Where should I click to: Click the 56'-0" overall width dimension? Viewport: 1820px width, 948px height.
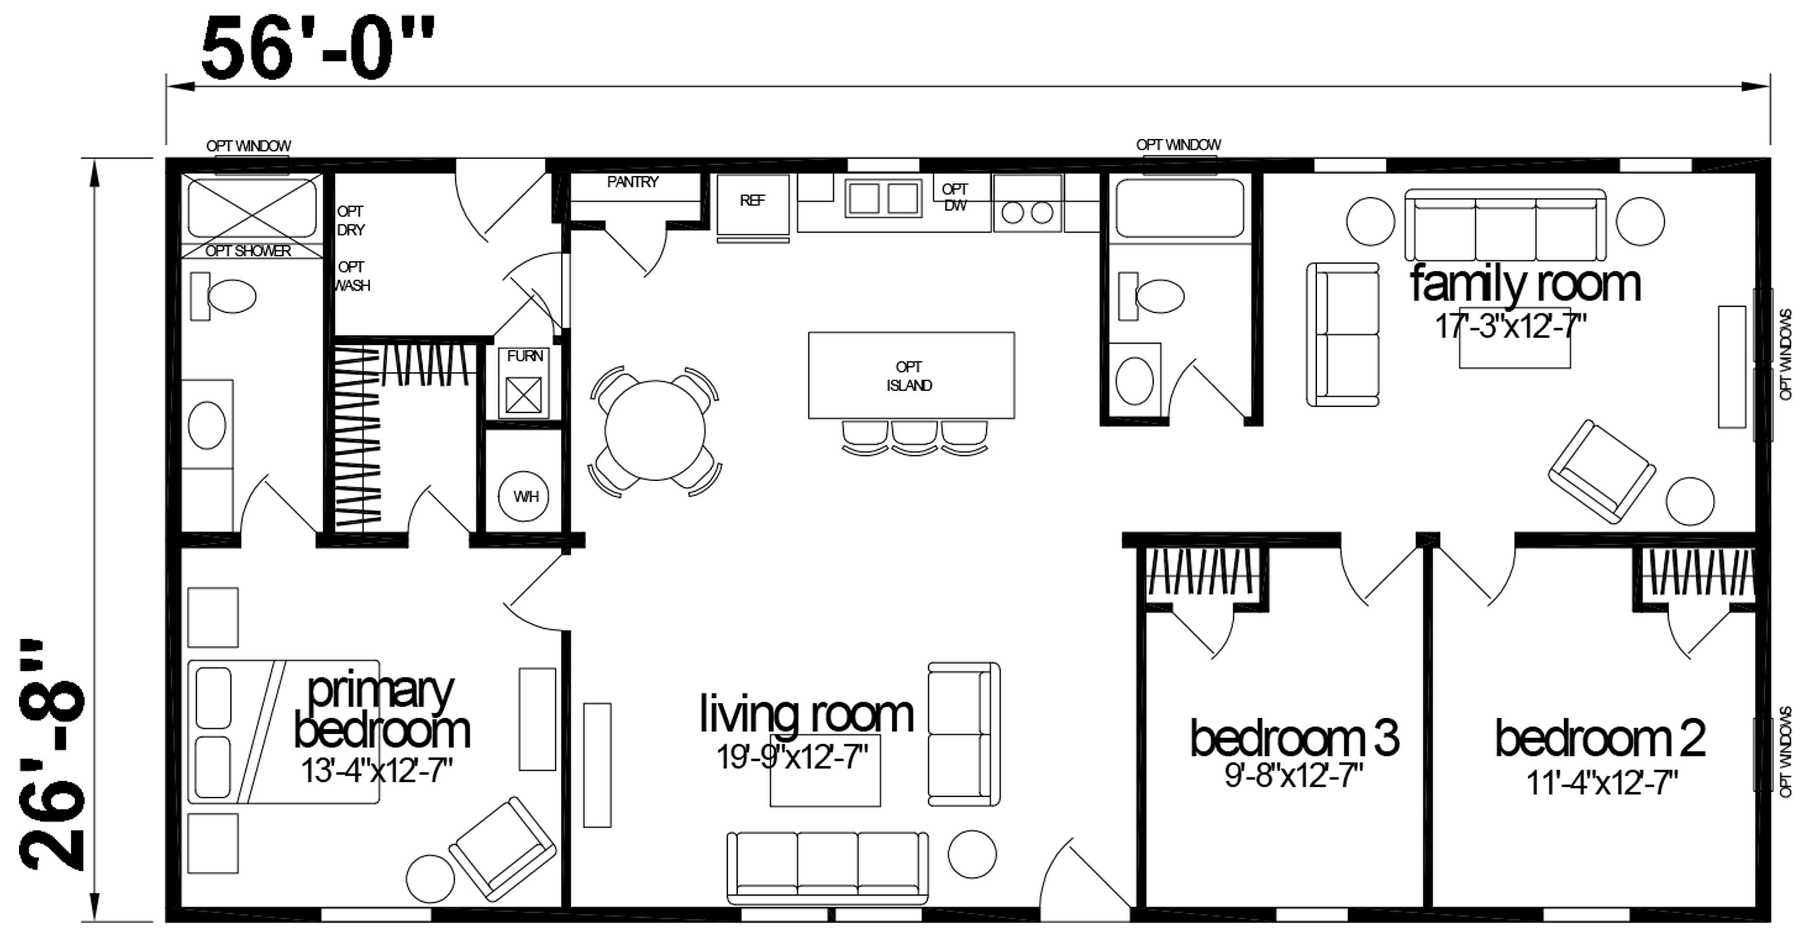coord(317,49)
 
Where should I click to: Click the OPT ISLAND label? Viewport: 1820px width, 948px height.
coord(910,376)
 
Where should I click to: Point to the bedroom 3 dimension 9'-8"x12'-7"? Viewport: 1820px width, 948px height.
coord(1294,776)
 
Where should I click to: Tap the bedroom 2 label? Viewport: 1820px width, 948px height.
coord(1600,738)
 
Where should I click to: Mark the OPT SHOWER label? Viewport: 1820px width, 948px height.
coord(248,251)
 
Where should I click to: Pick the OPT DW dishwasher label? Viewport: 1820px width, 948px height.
coord(955,197)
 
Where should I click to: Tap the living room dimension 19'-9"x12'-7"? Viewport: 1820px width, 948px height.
coord(792,757)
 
